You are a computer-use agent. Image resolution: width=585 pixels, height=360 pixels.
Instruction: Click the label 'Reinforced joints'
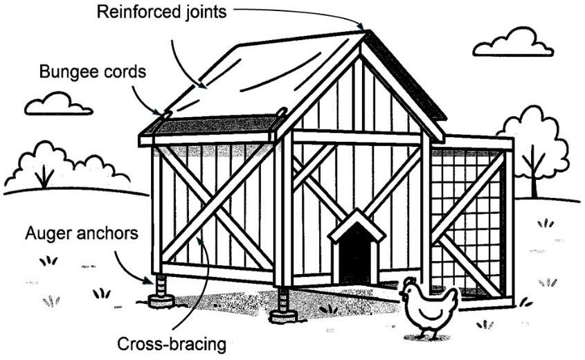click(x=161, y=12)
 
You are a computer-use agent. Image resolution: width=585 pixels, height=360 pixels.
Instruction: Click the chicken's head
click(x=410, y=286)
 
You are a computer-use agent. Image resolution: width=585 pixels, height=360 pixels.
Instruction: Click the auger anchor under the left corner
click(x=161, y=290)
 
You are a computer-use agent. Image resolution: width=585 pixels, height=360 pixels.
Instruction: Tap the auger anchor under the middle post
click(x=283, y=305)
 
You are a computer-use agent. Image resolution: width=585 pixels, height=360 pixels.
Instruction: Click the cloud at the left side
click(x=58, y=105)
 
